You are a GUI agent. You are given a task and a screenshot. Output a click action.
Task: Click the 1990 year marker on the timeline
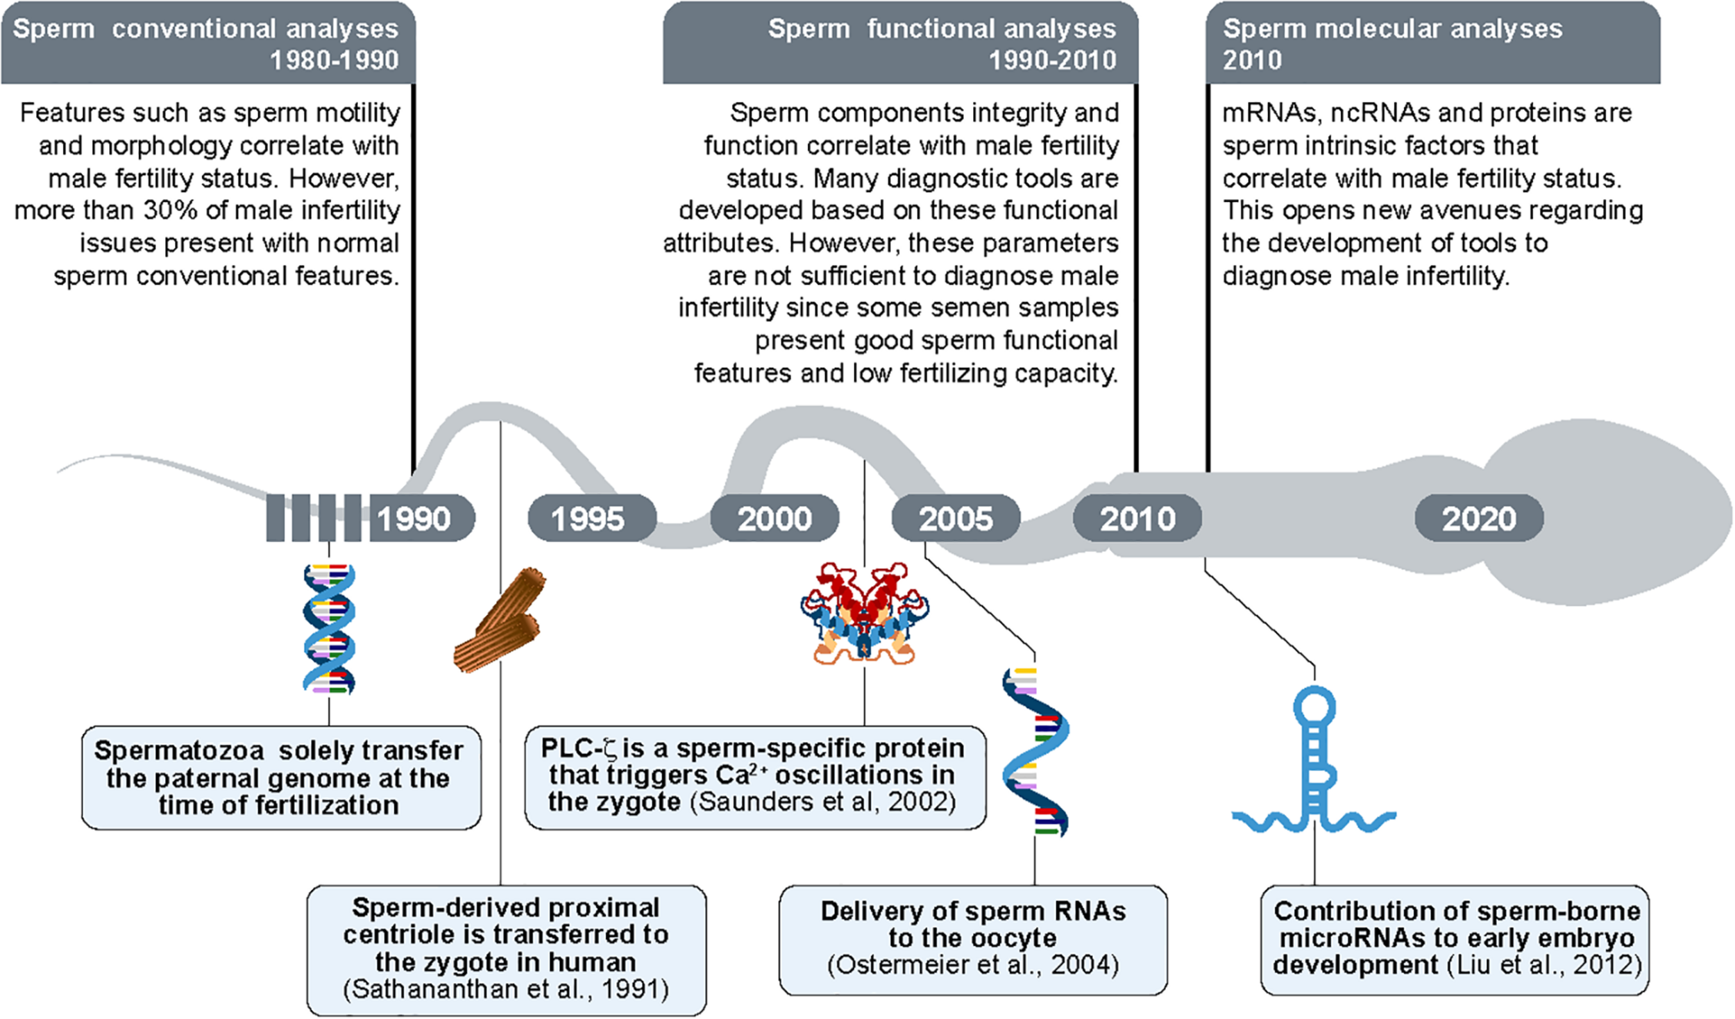point(414,519)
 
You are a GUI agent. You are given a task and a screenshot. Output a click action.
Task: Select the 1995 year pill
point(589,519)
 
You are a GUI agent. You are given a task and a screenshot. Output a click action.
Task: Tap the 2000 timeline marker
point(775,519)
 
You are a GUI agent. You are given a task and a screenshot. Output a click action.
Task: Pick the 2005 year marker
point(956,519)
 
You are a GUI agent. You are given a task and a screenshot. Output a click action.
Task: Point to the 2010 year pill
point(1137,519)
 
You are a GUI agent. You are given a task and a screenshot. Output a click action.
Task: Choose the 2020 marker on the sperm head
point(1479,519)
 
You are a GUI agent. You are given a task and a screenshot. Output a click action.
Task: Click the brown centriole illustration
point(500,620)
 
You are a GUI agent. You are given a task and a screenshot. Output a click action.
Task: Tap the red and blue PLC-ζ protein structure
point(864,613)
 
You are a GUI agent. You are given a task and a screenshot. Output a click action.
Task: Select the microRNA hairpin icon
point(1314,764)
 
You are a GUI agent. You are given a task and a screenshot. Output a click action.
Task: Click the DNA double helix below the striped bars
point(329,629)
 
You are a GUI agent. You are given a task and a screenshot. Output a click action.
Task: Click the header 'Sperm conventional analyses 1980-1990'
point(206,44)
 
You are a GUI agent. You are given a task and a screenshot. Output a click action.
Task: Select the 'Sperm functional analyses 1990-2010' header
point(942,44)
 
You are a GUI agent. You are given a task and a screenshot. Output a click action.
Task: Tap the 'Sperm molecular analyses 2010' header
point(1391,44)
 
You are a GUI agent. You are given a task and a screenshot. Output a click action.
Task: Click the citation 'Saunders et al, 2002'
point(823,802)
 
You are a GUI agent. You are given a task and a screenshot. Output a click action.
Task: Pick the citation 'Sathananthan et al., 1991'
point(506,989)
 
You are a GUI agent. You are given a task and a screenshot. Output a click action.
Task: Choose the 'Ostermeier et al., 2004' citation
point(973,965)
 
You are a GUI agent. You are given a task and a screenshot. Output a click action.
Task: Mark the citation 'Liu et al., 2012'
point(1545,965)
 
